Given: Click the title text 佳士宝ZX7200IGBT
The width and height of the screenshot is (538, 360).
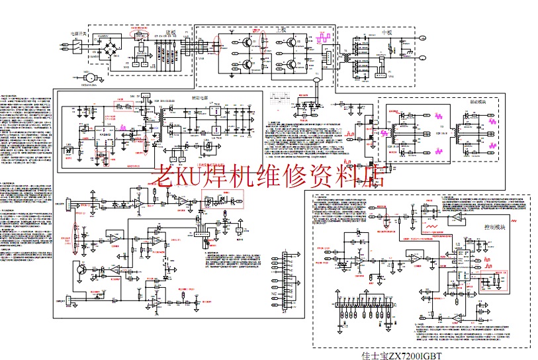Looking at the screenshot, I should coord(402,355).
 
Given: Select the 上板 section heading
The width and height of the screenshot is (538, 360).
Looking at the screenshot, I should coord(281,31).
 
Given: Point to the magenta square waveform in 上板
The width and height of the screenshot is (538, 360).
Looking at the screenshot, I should coord(324,38).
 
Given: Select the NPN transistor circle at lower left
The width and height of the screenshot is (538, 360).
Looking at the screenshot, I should coord(82,269).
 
